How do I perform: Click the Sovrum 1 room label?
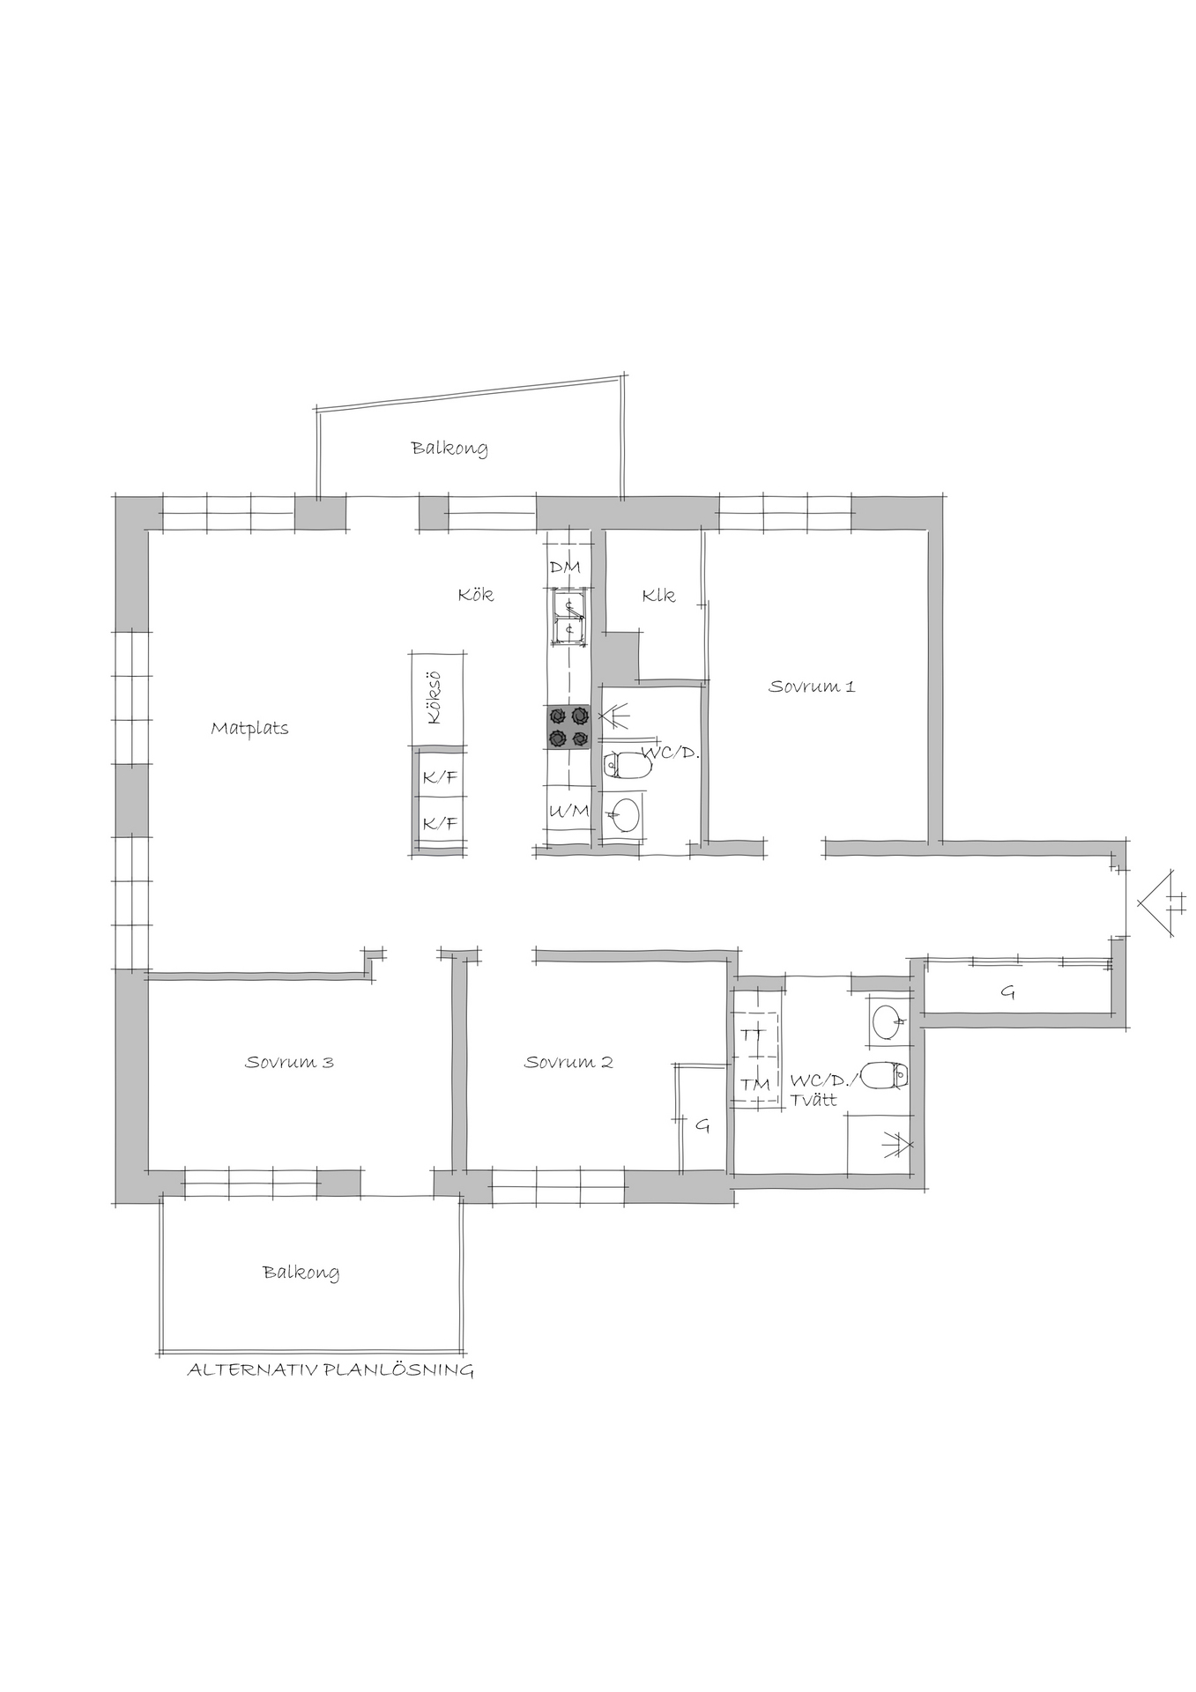[x=811, y=686]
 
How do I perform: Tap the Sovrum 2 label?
[x=568, y=1062]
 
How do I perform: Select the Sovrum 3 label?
[x=289, y=1062]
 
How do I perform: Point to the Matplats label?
[x=250, y=729]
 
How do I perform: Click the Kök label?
[x=476, y=595]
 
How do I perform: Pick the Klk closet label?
[x=658, y=596]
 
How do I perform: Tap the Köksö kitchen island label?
[x=432, y=698]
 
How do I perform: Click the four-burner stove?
[x=568, y=727]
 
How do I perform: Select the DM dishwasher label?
[x=565, y=568]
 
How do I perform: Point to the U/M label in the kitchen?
[x=568, y=812]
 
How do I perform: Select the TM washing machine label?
[x=755, y=1085]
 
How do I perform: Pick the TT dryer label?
[x=753, y=1034]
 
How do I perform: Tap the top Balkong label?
[x=449, y=449]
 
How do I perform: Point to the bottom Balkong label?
[x=301, y=1273]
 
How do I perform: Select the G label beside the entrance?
[x=1007, y=993]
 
